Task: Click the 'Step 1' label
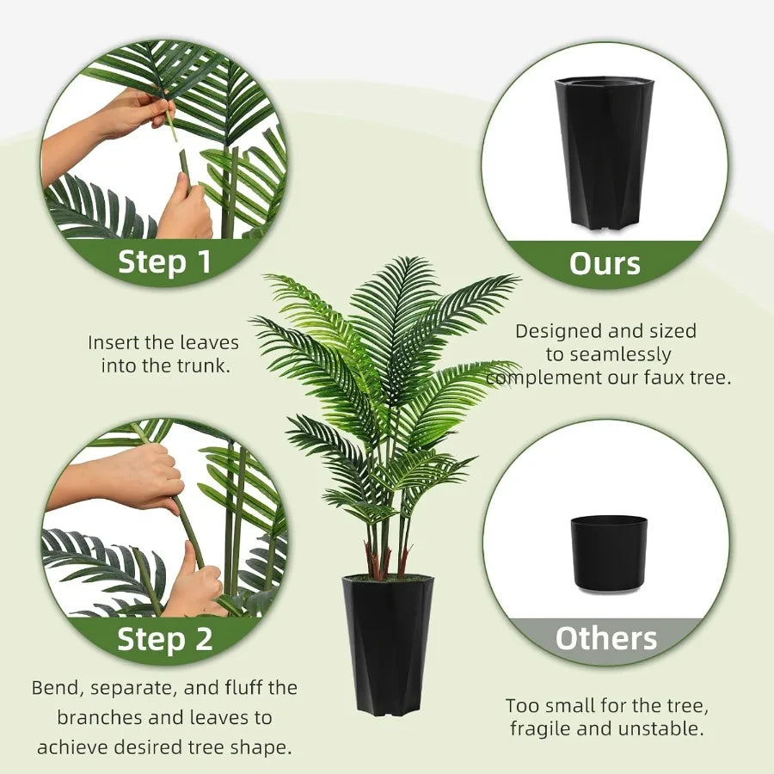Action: coord(164,261)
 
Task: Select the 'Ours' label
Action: coord(605,263)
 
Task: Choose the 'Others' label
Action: coord(605,638)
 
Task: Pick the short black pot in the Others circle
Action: coord(608,552)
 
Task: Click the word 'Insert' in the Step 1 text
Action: coord(114,342)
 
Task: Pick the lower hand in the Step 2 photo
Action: coord(193,585)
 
